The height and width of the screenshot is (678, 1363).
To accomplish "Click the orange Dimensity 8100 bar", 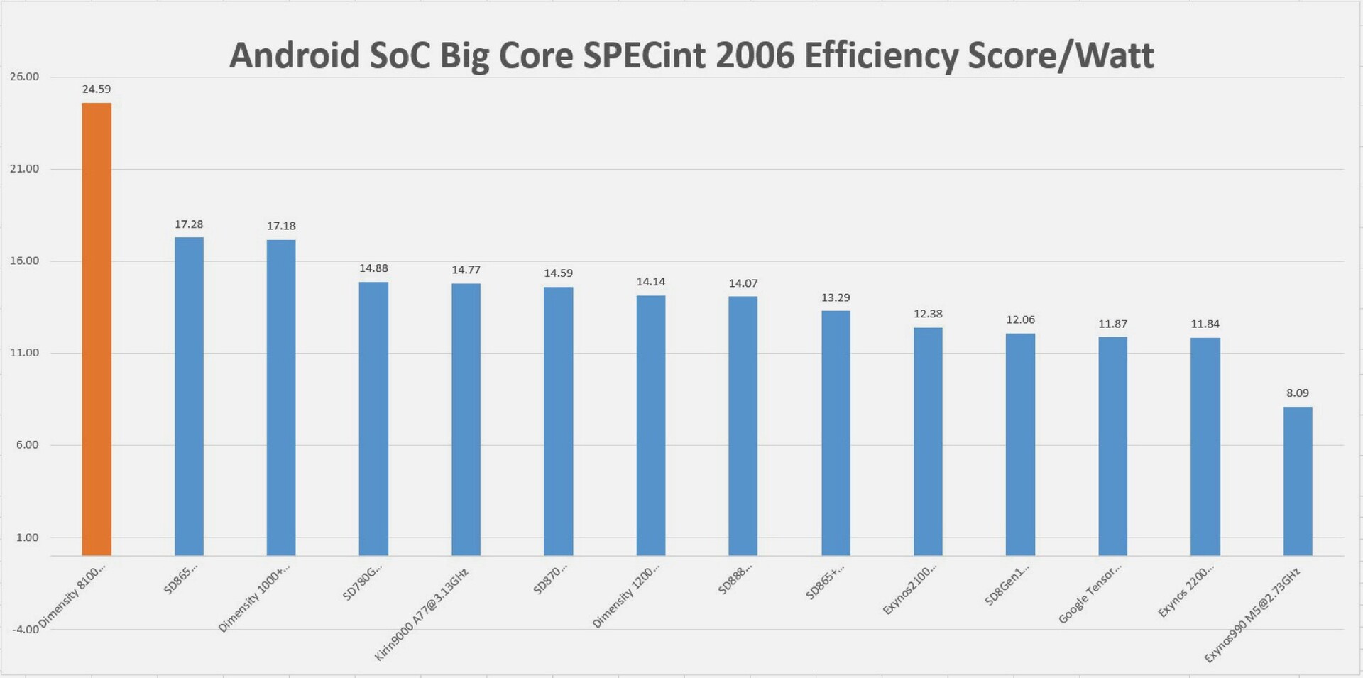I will click(97, 329).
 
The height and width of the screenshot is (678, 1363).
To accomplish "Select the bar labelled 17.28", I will click(189, 396).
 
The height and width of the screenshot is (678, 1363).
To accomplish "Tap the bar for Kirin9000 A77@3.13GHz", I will click(466, 419).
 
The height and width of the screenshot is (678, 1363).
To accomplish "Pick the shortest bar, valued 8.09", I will click(1297, 481).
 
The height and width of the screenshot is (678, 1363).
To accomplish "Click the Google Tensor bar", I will click(1112, 446).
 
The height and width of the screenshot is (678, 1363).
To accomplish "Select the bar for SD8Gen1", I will click(1020, 444).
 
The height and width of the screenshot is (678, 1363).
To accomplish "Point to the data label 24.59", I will click(97, 89).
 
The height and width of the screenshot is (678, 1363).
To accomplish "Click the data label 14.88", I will click(373, 268).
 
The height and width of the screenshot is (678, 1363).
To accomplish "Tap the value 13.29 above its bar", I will click(836, 297).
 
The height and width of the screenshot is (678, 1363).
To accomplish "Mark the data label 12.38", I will click(928, 314).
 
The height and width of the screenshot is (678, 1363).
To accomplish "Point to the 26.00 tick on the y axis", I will click(25, 77).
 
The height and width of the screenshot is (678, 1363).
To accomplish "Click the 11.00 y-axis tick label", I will click(25, 353).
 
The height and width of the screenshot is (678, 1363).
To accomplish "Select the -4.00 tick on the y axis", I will click(25, 630).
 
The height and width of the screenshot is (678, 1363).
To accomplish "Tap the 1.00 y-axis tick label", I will click(28, 537).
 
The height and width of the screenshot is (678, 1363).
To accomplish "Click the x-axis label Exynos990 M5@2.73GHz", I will click(1252, 615).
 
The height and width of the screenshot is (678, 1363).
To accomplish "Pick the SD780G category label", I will click(362, 582).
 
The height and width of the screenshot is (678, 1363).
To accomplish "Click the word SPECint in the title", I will click(645, 55).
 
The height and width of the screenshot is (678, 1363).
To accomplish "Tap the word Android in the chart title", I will click(295, 55).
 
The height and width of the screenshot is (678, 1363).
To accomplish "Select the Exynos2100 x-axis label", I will click(909, 589).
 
